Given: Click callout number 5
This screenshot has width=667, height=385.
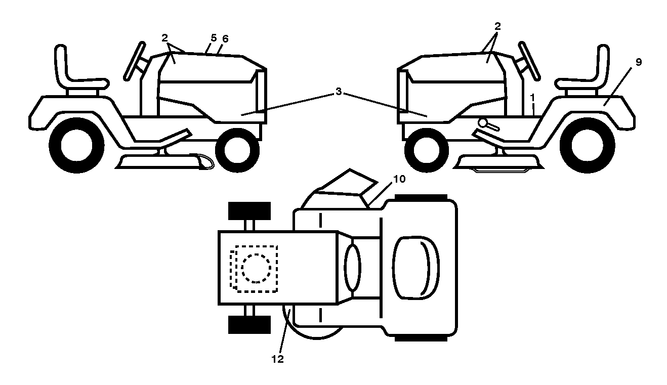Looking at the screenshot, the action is coord(214,38).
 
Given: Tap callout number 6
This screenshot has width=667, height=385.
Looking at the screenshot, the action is coord(225,39).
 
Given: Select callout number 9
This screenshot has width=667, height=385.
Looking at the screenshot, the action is coord(639,62).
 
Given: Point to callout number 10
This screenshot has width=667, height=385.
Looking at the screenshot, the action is coord(399,179).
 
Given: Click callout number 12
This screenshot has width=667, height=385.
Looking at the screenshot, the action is coord(277,359).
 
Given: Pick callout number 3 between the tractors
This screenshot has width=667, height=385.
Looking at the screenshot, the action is coord(339,92).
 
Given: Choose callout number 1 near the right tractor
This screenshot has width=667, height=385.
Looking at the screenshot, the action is coord(533,97).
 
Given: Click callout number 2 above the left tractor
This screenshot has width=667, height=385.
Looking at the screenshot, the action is coord(164,38).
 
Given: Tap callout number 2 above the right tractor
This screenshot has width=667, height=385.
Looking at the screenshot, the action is coord(497,26).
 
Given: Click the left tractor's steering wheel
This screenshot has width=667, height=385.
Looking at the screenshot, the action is coord(135,61).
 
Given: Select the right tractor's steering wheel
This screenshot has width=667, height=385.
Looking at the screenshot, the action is coord(529,61).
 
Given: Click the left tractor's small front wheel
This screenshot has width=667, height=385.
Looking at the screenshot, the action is coord(237,150).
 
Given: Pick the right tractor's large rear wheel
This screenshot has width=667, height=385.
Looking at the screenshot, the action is coord(588,146).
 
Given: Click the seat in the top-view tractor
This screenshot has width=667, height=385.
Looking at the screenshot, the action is coord(416,268).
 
